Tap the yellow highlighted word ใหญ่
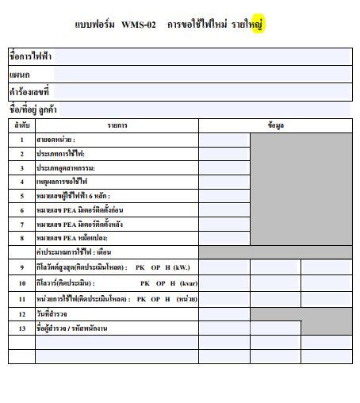255,25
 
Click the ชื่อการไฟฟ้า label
30,56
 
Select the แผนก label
20,74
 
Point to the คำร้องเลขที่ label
29,91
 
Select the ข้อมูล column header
275,125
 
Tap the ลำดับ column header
21,125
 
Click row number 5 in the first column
22,195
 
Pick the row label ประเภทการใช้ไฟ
60,153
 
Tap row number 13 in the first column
22,328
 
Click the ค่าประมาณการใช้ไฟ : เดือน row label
77,252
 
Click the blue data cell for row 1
224,140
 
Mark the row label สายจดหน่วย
56,140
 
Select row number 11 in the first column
22,298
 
